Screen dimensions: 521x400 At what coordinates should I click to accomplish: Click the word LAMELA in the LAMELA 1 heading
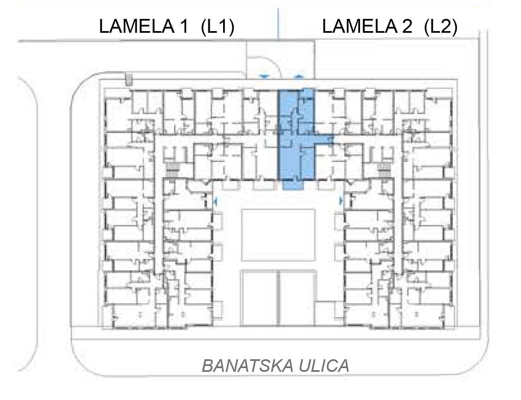(137, 26)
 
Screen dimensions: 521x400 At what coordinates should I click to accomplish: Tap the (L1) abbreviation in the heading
(218, 26)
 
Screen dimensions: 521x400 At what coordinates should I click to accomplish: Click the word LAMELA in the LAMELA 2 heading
(360, 26)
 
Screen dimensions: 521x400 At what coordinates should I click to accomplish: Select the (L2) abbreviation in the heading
(441, 26)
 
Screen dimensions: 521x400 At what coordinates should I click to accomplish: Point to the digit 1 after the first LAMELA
(184, 26)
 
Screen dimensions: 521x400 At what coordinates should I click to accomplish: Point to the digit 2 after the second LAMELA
(408, 26)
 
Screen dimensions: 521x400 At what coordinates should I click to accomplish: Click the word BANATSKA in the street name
(247, 366)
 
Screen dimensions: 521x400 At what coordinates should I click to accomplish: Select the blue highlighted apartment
(296, 134)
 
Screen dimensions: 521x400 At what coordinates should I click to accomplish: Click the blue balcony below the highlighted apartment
(293, 185)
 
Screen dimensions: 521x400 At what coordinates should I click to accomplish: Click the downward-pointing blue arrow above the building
(264, 77)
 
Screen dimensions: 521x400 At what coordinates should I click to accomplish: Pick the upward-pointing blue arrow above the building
(299, 76)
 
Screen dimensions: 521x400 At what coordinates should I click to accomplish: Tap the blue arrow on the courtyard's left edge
(215, 201)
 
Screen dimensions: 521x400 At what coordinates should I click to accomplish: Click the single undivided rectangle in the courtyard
(278, 235)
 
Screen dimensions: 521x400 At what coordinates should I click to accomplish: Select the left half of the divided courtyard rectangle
(259, 298)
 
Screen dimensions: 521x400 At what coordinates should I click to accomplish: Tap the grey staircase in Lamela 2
(384, 169)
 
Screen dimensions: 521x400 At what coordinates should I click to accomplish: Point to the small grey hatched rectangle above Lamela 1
(129, 79)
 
